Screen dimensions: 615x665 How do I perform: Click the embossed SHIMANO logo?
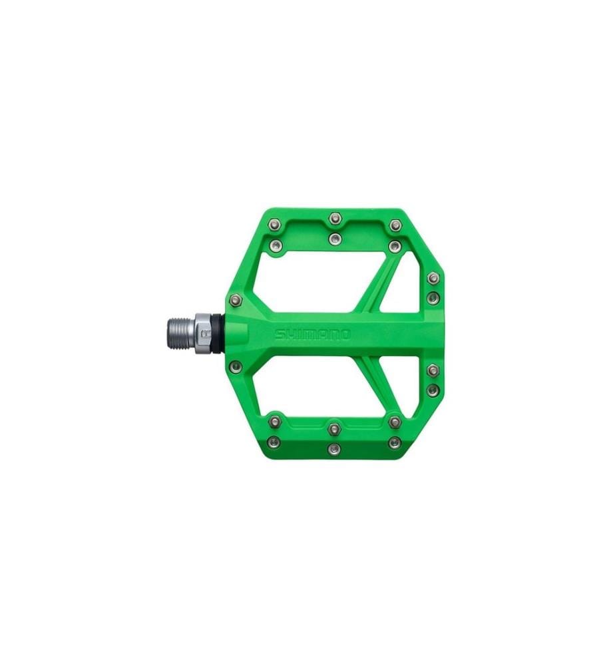312,334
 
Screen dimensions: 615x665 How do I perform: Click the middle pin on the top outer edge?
334,218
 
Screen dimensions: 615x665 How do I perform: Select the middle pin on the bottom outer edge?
334,448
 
